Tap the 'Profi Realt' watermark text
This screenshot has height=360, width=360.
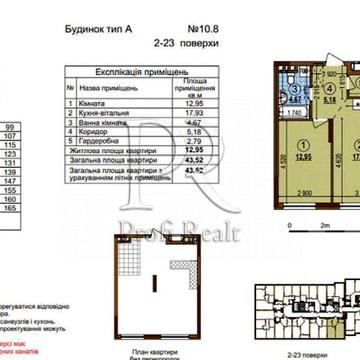tap(200, 207)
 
